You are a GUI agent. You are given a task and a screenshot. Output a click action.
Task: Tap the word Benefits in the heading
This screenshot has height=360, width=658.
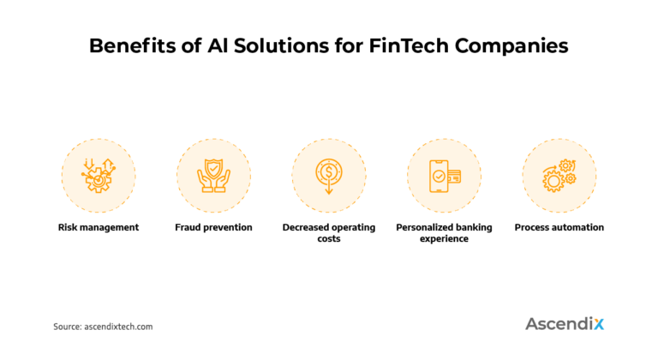tap(130, 46)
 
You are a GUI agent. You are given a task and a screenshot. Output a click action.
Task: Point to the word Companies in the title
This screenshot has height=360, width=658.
tap(511, 46)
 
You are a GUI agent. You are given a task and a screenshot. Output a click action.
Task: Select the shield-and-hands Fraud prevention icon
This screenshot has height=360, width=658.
tap(213, 175)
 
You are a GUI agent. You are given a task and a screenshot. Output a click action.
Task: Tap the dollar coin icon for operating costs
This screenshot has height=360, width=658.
tap(329, 175)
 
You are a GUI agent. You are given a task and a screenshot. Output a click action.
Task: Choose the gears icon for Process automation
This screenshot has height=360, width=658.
tap(559, 175)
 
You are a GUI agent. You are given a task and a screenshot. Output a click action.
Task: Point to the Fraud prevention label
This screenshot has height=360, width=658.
tap(213, 228)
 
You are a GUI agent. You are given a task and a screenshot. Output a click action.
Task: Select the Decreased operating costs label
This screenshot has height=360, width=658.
tap(329, 233)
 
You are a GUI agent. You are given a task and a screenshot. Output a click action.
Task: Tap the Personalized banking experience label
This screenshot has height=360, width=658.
tap(444, 233)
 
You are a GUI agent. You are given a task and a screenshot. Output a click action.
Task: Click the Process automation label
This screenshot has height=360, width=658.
tap(559, 228)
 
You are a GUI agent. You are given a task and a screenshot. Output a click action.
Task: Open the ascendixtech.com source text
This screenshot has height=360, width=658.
tap(119, 327)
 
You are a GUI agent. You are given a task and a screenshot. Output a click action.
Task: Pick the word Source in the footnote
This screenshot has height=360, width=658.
tap(67, 327)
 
